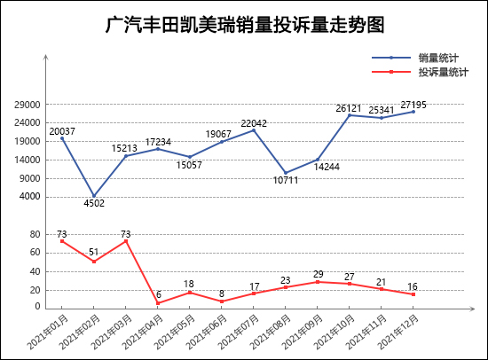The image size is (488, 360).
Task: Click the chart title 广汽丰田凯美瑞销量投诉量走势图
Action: coord(244,25)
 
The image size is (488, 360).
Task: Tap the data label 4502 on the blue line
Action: coord(94,204)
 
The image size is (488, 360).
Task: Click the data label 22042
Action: coord(254,123)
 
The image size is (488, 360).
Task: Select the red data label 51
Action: coord(94,253)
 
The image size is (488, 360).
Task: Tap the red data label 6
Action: coord(159,294)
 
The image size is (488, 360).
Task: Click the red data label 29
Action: coord(318,274)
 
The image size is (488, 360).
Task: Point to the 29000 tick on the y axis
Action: coord(28,104)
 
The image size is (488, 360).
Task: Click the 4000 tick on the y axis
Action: coord(30,197)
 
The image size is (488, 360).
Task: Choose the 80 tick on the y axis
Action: coord(35,234)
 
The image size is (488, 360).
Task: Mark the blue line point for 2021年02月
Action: coord(94,196)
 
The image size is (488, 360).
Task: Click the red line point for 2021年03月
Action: coord(126,241)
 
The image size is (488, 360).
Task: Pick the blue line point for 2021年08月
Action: coord(286,173)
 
